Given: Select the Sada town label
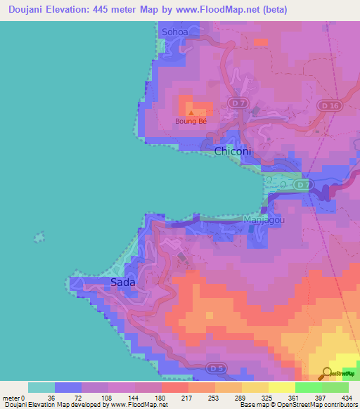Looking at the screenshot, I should tap(123, 283).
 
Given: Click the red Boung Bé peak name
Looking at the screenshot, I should tap(191, 121).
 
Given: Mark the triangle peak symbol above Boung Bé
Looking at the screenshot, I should tap(191, 111).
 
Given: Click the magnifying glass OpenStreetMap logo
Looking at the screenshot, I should tap(328, 373).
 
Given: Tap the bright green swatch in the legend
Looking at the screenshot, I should tap(308, 387).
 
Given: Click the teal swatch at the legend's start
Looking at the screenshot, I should tap(41, 387).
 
